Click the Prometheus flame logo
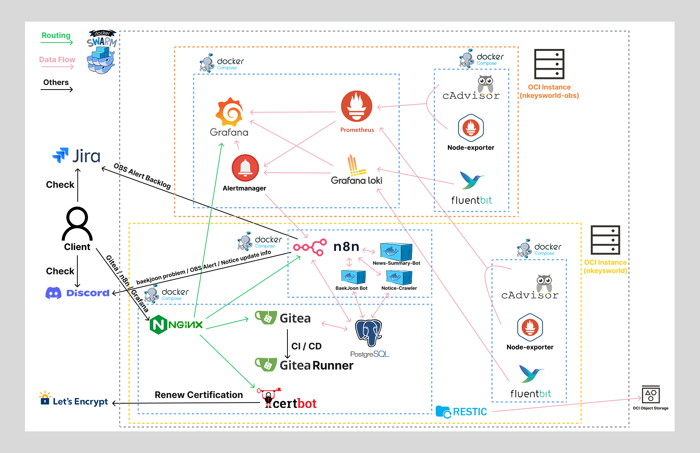(x=356, y=106)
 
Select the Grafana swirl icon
(x=229, y=112)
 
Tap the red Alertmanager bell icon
(x=245, y=168)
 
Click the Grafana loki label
(x=356, y=180)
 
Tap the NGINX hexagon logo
(x=159, y=325)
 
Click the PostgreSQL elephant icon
(x=369, y=332)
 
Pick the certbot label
(x=294, y=403)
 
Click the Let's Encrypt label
(x=80, y=401)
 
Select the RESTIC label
(x=469, y=412)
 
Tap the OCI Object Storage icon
(x=651, y=395)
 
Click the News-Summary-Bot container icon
(x=396, y=251)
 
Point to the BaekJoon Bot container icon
(x=353, y=277)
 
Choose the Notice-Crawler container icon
(x=399, y=277)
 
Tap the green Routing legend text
(x=56, y=35)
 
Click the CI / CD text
(x=306, y=346)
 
